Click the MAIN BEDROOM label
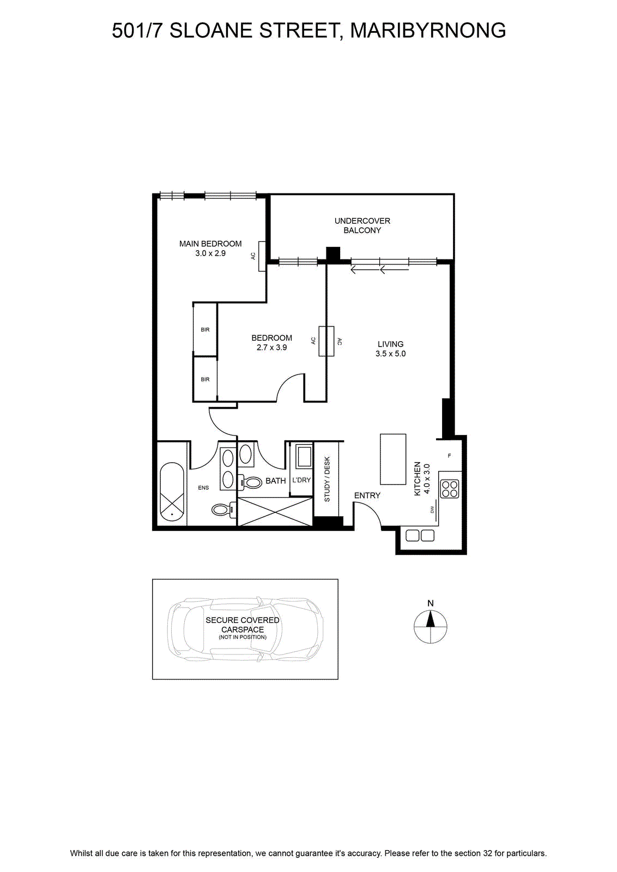pyautogui.click(x=210, y=244)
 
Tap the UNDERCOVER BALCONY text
pyautogui.click(x=362, y=226)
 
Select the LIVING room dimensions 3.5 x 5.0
pyautogui.click(x=390, y=354)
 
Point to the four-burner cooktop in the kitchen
pyautogui.click(x=450, y=489)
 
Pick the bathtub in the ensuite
pyautogui.click(x=172, y=492)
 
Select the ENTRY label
pyautogui.click(x=367, y=495)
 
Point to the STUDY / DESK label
pyautogui.click(x=327, y=479)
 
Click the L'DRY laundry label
pyautogui.click(x=301, y=480)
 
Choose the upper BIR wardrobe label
pyautogui.click(x=205, y=330)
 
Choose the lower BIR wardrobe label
pyautogui.click(x=205, y=379)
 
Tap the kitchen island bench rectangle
pyautogui.click(x=393, y=459)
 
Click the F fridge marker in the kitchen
pyautogui.click(x=449, y=456)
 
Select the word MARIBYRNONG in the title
pyautogui.click(x=428, y=31)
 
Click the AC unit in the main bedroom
pyautogui.click(x=262, y=256)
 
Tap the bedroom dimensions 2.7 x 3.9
pyautogui.click(x=272, y=347)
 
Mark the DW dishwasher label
pyautogui.click(x=432, y=509)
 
